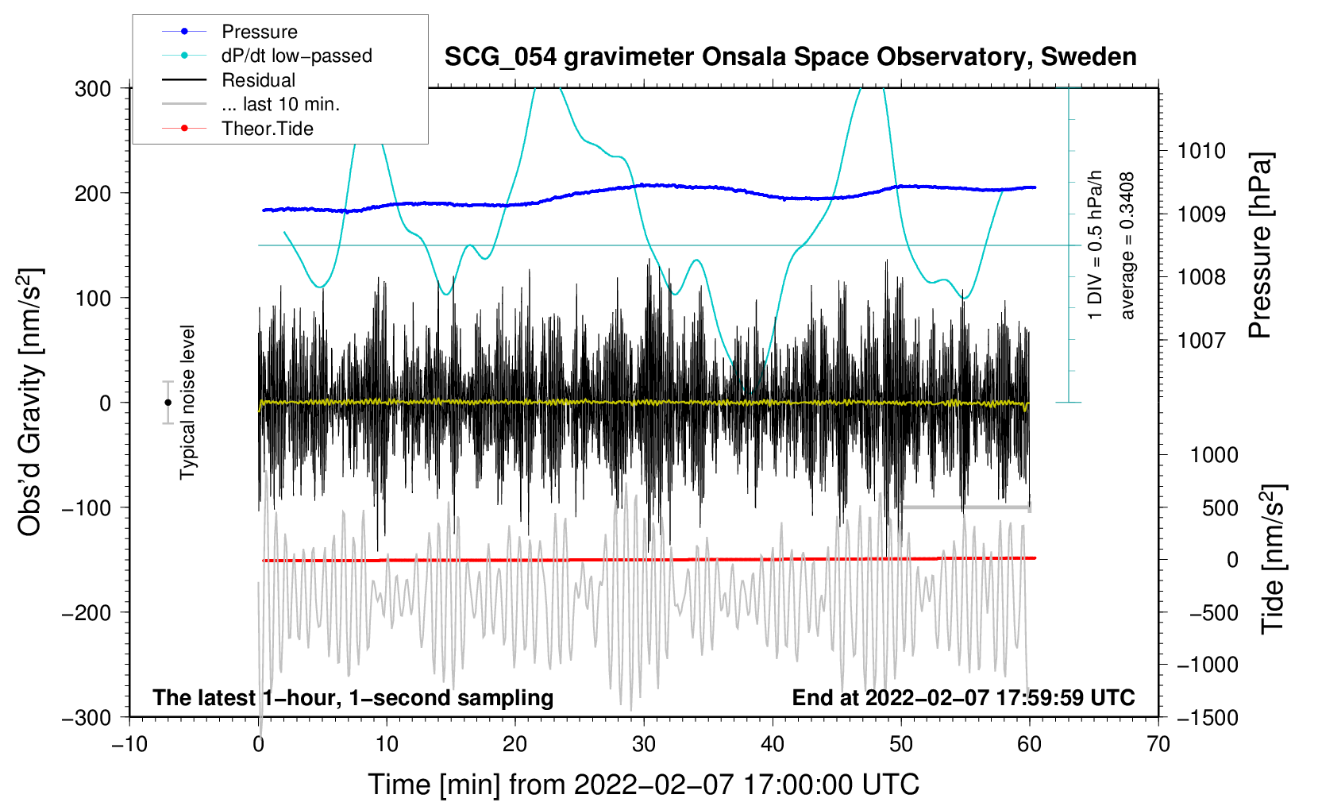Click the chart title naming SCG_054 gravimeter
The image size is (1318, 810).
click(790, 57)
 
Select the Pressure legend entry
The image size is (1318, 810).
click(259, 32)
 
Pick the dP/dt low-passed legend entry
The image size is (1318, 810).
click(296, 56)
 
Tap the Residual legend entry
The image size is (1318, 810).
click(258, 80)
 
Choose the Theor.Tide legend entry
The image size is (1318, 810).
click(267, 129)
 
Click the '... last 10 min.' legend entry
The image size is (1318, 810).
click(280, 104)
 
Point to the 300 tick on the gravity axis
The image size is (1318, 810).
click(93, 88)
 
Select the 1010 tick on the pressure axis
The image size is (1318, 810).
click(1201, 151)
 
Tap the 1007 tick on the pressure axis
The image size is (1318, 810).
click(1201, 341)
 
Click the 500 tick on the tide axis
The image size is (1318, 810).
click(1220, 507)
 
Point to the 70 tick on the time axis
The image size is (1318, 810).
click(1158, 744)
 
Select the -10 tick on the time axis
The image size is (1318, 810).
click(129, 744)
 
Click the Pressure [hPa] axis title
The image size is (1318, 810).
click(1261, 246)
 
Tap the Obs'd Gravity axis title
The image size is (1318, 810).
click(29, 402)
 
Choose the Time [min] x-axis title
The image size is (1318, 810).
click(643, 785)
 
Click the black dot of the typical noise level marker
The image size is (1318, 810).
click(168, 403)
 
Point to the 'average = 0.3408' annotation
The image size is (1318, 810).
click(1127, 246)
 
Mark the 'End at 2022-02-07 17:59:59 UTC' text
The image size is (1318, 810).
click(963, 697)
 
